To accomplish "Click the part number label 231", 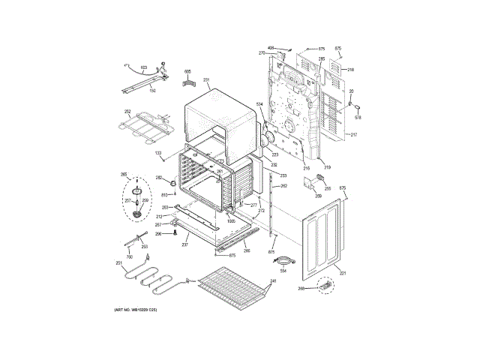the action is pos(206,79).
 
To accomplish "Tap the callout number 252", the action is pos(127,112).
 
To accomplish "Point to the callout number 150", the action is pos(152,91).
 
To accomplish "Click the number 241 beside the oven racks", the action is pos(274,281).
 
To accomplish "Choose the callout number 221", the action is pos(343,272).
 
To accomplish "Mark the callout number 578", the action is pos(358,118).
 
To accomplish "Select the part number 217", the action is pos(354,134).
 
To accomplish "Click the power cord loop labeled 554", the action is pos(283,259).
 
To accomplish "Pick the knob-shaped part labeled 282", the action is pos(171,182).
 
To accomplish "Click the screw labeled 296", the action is pos(174,232).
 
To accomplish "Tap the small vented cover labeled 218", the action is pos(337,73).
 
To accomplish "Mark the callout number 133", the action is pos(158,154).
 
